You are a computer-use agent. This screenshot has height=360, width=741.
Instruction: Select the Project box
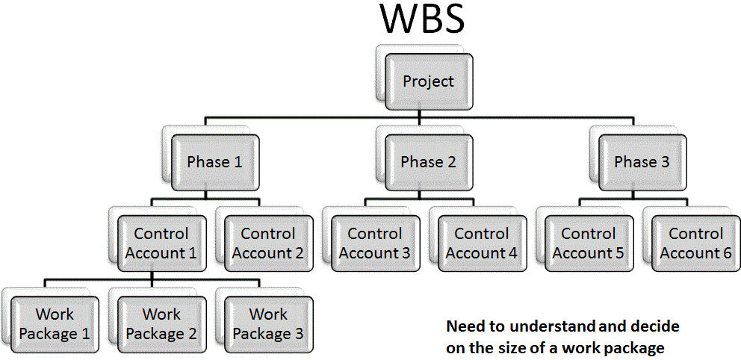[428, 81]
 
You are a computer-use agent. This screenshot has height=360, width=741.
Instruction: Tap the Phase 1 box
[215, 162]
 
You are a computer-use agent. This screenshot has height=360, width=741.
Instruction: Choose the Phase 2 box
[428, 162]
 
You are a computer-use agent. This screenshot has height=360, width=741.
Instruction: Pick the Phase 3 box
[642, 162]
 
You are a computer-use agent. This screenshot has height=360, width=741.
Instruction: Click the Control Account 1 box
[161, 243]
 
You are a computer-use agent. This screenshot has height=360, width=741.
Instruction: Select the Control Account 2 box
[268, 243]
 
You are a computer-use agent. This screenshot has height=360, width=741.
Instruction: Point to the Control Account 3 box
[375, 243]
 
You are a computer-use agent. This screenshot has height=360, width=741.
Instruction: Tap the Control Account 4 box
[482, 243]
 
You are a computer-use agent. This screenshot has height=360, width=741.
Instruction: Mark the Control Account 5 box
[589, 243]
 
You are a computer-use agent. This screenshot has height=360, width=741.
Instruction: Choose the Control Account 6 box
[695, 243]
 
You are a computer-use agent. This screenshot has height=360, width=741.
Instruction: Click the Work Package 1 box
[55, 325]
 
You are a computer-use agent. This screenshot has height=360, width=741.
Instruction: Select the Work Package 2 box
[161, 325]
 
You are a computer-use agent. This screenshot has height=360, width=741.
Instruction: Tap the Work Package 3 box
[268, 325]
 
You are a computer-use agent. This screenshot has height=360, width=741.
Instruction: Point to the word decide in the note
[657, 326]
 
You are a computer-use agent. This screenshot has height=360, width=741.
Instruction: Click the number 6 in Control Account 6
[727, 252]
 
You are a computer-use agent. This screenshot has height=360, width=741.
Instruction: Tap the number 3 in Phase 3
[664, 162]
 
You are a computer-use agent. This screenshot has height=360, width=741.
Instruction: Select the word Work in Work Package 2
[161, 314]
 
